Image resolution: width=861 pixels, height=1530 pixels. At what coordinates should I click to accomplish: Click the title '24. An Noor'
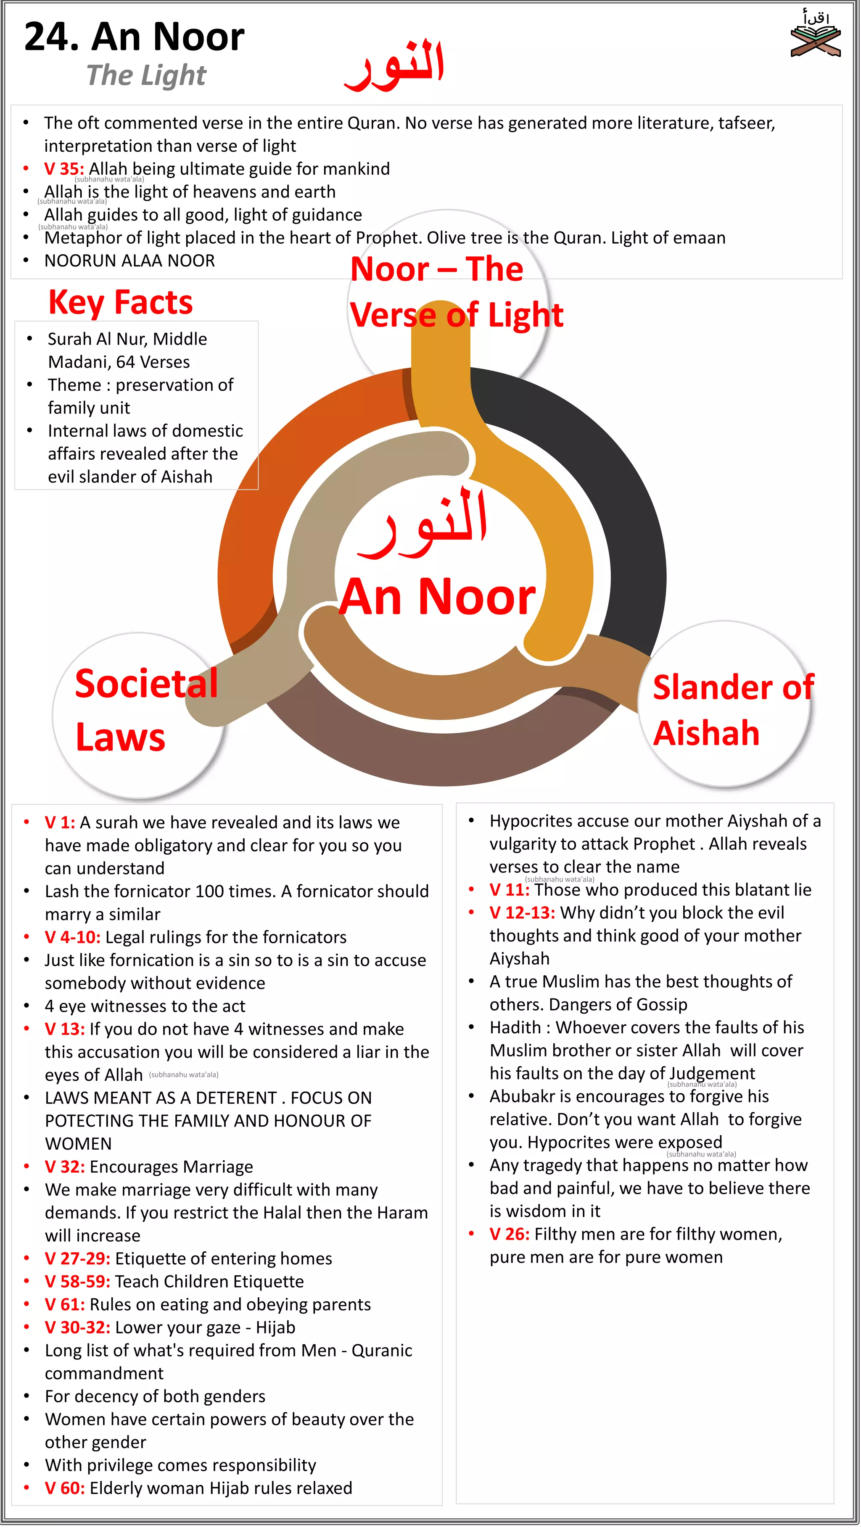134,37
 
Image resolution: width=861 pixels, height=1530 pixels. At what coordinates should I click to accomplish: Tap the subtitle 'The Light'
146,76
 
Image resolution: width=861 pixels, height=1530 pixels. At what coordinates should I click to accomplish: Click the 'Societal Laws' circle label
145,710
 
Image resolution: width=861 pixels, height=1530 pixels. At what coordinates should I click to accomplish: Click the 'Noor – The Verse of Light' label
456,292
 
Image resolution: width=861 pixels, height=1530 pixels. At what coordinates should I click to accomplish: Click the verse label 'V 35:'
63,169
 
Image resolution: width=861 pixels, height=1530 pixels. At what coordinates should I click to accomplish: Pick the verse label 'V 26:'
509,1234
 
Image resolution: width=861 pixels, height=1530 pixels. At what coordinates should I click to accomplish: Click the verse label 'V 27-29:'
77,1259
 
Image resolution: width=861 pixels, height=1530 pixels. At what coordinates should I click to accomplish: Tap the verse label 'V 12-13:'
522,912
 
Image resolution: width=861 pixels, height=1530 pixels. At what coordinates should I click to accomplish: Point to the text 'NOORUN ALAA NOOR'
129,261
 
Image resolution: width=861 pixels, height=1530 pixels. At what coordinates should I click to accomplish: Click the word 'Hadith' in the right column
515,1027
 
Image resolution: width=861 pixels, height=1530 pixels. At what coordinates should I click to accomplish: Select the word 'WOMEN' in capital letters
79,1144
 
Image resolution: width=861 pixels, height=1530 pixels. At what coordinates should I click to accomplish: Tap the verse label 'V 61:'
65,1304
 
